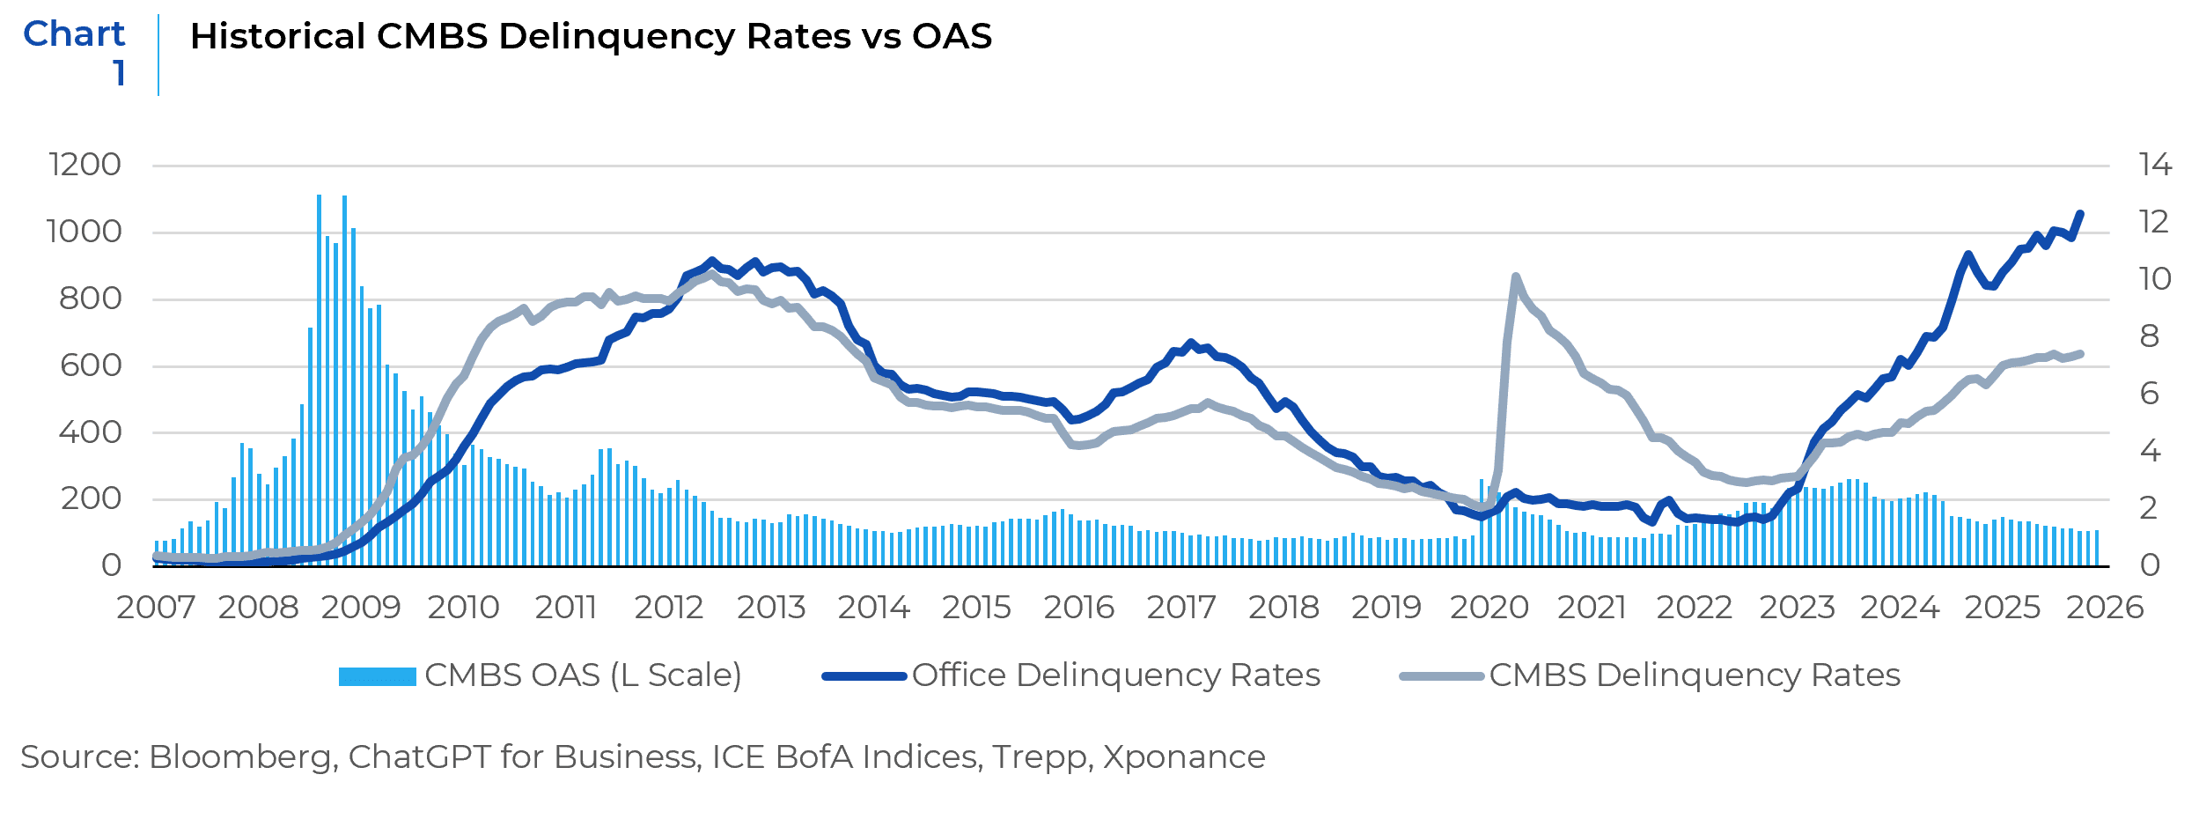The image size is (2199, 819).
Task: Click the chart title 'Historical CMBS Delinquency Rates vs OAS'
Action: click(x=591, y=37)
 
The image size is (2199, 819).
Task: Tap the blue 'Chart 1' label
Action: click(x=75, y=53)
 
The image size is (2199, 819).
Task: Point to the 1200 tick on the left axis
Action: click(x=85, y=165)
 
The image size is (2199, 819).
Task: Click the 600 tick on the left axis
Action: click(x=91, y=365)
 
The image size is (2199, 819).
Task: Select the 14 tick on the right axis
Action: click(x=2155, y=165)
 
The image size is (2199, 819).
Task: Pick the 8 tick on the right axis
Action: click(x=2150, y=336)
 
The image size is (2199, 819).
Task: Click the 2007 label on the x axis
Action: click(x=156, y=608)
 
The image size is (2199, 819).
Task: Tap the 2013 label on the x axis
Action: click(x=771, y=608)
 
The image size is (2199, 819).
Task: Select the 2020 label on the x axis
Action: click(x=1489, y=608)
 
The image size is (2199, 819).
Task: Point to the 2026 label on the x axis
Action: click(x=2105, y=608)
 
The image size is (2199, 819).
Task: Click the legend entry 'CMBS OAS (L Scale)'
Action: click(x=583, y=675)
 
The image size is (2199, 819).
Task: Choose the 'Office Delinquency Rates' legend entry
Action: click(x=1116, y=675)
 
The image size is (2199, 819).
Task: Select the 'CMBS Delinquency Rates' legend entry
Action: click(x=1695, y=675)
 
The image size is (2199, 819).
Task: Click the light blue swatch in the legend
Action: click(x=377, y=676)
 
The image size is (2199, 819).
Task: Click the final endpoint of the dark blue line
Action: click(x=2080, y=213)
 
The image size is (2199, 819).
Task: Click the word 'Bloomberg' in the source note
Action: click(x=242, y=757)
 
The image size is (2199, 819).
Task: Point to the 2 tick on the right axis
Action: click(x=2150, y=508)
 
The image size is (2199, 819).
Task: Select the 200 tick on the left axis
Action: click(x=91, y=498)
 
